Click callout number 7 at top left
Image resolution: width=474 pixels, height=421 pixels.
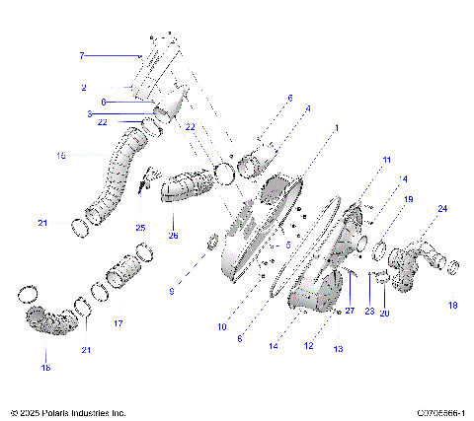(83, 56)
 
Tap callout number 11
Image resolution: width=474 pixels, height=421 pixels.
(387, 159)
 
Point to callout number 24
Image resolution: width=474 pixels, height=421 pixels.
(441, 209)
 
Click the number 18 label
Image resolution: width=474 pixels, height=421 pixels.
(453, 306)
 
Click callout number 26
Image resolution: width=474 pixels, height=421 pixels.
(174, 236)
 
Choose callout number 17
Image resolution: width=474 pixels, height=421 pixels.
(118, 323)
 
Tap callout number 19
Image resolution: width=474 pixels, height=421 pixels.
(408, 199)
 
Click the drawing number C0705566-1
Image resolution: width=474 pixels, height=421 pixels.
(440, 412)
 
